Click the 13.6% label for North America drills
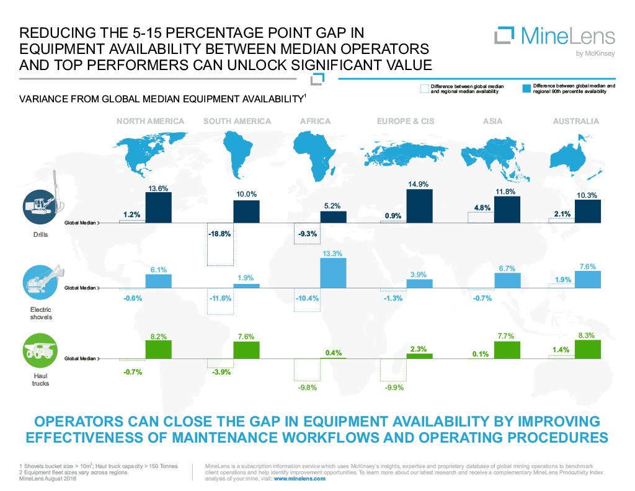[158, 188]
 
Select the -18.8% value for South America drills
[220, 234]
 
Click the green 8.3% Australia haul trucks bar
[588, 349]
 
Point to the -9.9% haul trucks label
[394, 388]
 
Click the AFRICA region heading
[315, 121]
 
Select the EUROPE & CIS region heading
[406, 121]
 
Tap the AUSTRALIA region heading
[576, 121]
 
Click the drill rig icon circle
[38, 206]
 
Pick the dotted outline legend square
[424, 88]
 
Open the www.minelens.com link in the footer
[299, 479]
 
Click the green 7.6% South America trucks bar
[246, 350]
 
